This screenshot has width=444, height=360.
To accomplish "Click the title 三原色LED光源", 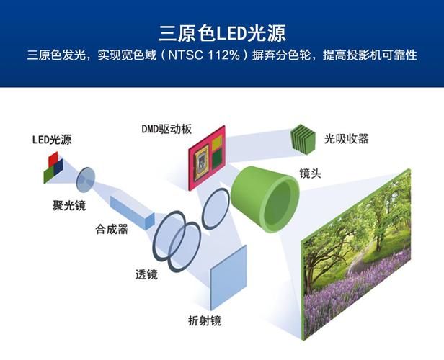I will click(x=222, y=33).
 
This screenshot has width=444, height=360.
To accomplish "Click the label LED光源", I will click(x=52, y=139).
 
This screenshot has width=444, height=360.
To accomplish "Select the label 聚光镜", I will click(x=69, y=206).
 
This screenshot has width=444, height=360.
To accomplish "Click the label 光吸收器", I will click(x=347, y=138).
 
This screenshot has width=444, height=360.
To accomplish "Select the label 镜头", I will click(x=311, y=174).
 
